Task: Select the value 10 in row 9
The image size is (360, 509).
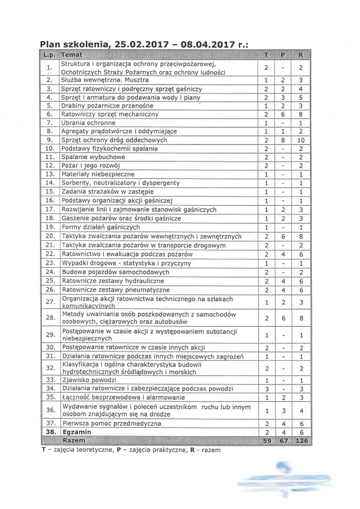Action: coord(301,140)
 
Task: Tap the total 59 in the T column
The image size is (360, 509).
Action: coord(266,439)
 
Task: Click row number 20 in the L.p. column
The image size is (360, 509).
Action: coord(49,236)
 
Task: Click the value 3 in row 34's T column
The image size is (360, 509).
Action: coord(266,389)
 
